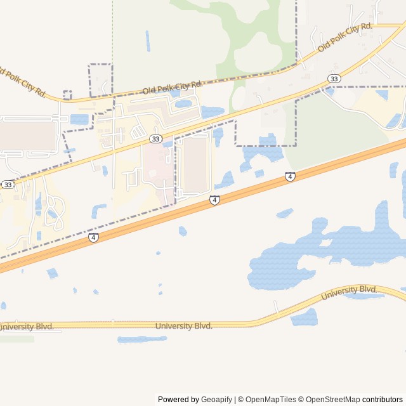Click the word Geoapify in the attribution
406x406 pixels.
(x=216, y=400)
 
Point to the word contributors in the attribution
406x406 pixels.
(x=383, y=400)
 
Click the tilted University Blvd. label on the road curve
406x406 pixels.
(x=349, y=292)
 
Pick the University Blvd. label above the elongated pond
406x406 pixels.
(x=183, y=326)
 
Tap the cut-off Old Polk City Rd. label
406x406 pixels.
(x=23, y=82)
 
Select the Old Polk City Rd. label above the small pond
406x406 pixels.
(x=172, y=88)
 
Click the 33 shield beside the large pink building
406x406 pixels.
(x=155, y=138)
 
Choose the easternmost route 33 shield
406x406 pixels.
(x=334, y=79)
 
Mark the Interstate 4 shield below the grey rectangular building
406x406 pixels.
(x=215, y=200)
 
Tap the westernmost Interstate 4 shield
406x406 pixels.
(x=93, y=237)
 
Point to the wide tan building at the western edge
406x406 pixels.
(x=28, y=135)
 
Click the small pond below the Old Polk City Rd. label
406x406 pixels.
(x=183, y=103)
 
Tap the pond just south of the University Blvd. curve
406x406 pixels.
(x=304, y=317)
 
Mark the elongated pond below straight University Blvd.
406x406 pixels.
(x=142, y=339)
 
